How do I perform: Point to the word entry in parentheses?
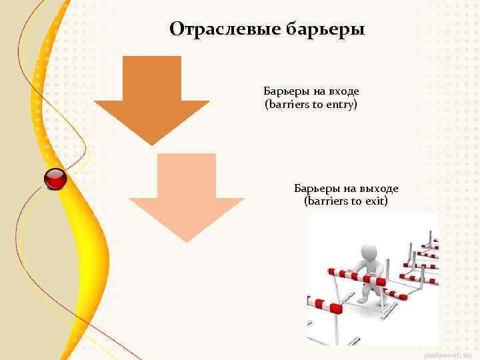[341, 105]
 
